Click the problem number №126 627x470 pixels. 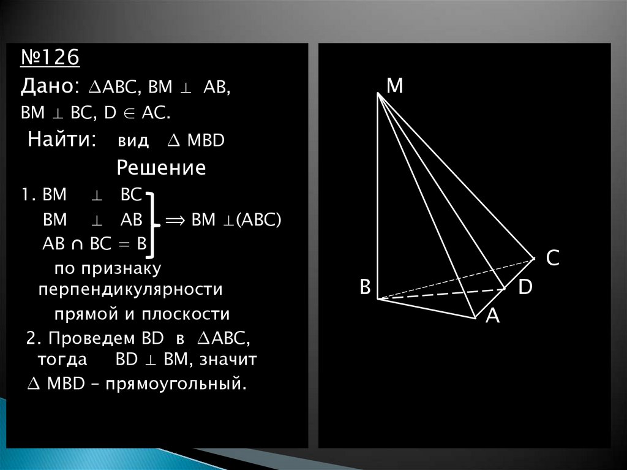pyautogui.click(x=50, y=59)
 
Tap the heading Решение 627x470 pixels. pyautogui.click(x=161, y=168)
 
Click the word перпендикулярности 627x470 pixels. pyautogui.click(x=130, y=289)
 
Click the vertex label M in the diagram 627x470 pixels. pyautogui.click(x=395, y=86)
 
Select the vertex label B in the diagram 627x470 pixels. pyautogui.click(x=365, y=287)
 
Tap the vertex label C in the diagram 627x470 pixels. pyautogui.click(x=552, y=259)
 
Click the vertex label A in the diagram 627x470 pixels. pyautogui.click(x=493, y=316)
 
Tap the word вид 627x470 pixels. pyautogui.click(x=133, y=141)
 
